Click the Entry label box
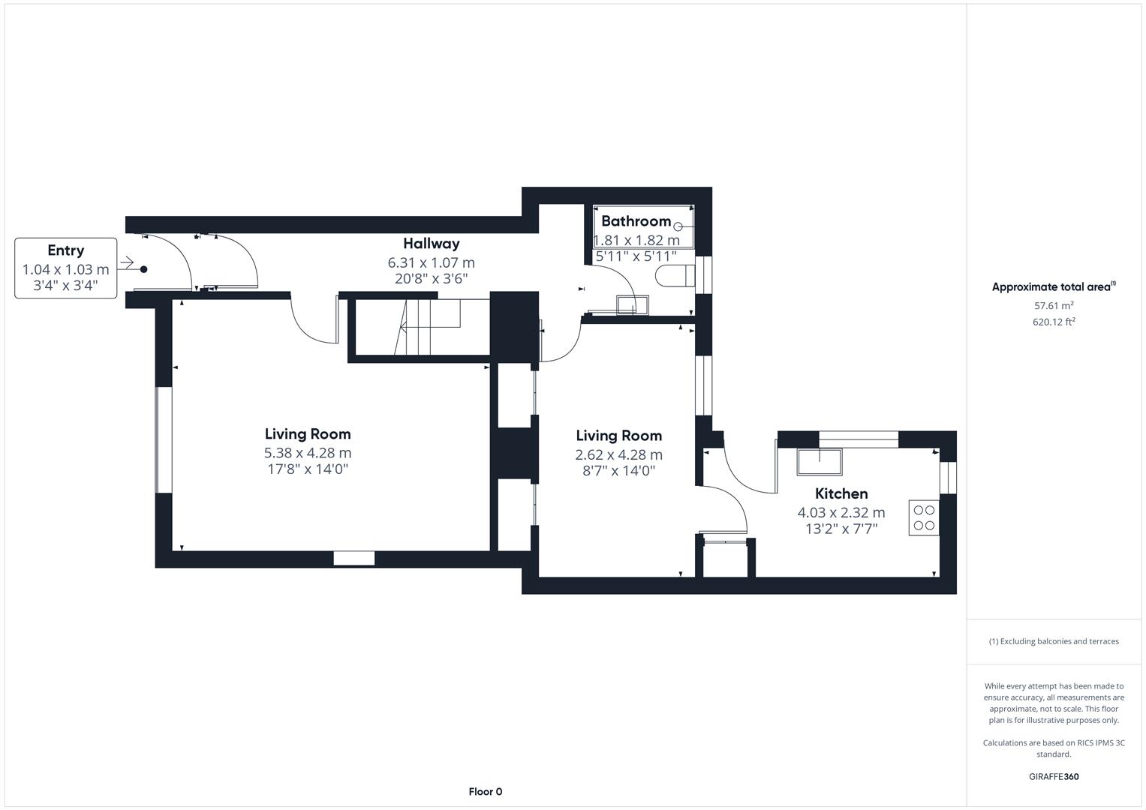tap(66, 268)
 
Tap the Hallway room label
tap(431, 244)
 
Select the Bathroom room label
tap(636, 221)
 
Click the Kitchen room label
tap(841, 493)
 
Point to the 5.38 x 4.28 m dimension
tap(308, 453)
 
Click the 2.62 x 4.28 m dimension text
tap(618, 454)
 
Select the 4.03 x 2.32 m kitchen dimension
tap(841, 513)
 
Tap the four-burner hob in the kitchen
tap(924, 517)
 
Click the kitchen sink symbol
tap(820, 461)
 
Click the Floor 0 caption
tap(485, 791)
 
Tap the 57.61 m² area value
tap(1054, 306)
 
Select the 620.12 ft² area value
tap(1054, 322)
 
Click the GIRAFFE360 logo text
tap(1054, 776)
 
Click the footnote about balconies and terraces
tap(1054, 641)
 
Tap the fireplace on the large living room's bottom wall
tap(353, 558)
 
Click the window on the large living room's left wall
tap(164, 440)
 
